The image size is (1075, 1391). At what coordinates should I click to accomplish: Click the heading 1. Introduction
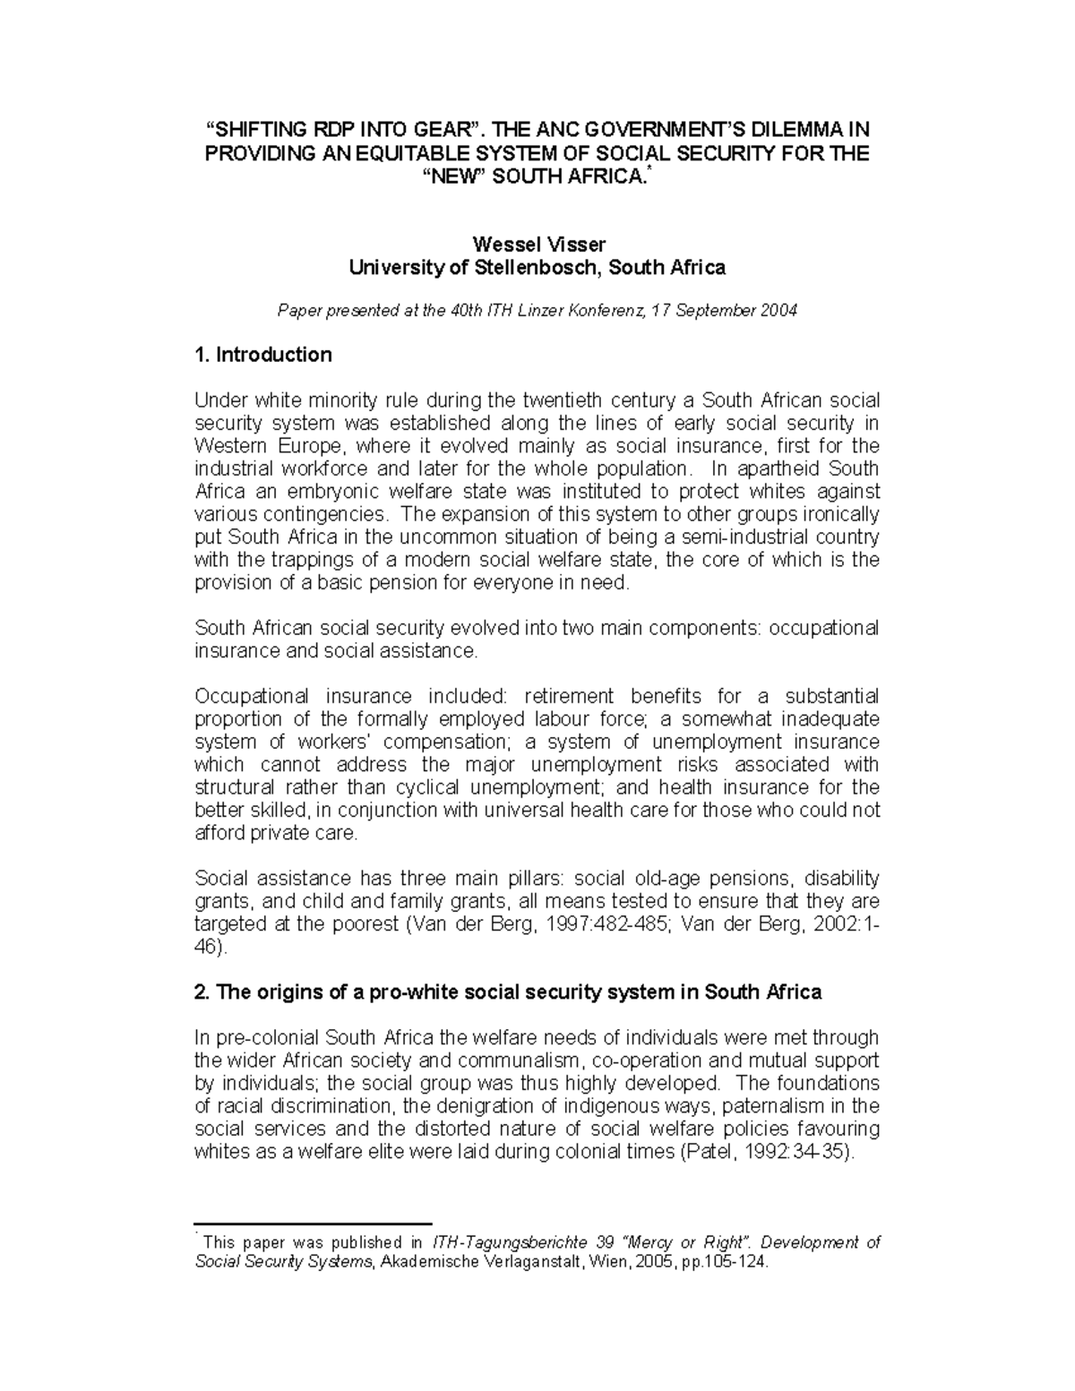(x=262, y=355)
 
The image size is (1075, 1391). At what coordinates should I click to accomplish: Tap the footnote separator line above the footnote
(x=314, y=1222)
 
